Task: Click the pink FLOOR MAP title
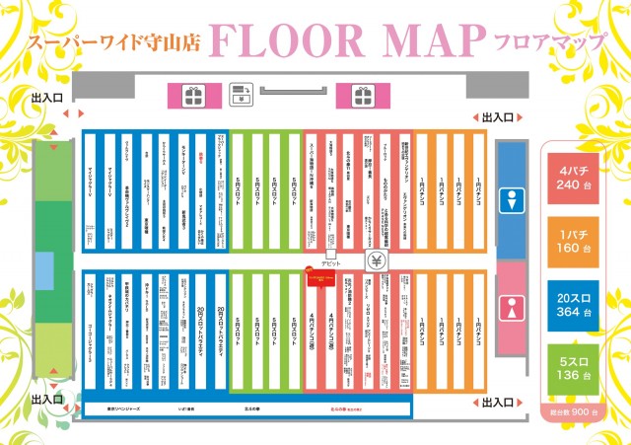tap(346, 40)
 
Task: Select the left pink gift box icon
tap(190, 96)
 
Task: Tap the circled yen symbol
tap(376, 261)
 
